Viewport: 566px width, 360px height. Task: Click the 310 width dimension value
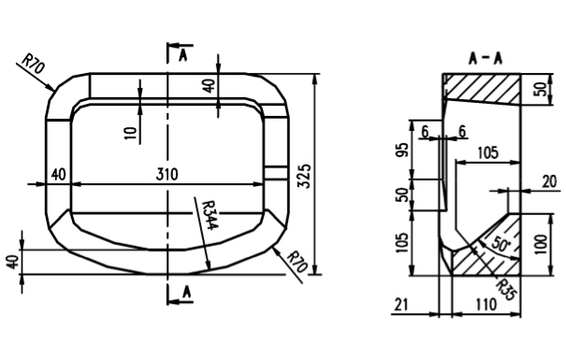point(167,175)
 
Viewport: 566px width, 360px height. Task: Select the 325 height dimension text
point(304,176)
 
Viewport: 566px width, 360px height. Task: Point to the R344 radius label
point(210,215)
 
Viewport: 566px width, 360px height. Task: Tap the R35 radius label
point(504,289)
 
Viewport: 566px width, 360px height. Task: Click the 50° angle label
point(500,245)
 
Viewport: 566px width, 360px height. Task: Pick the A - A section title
point(486,58)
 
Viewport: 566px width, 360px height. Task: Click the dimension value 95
point(403,150)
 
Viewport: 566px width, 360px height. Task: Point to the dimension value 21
point(400,305)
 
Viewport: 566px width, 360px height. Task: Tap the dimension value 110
point(486,305)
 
